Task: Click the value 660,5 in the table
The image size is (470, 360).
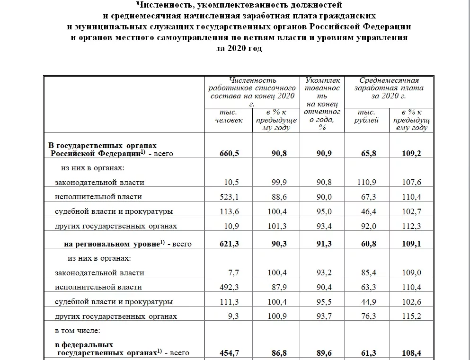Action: (231, 153)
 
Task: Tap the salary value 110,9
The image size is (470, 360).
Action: (368, 182)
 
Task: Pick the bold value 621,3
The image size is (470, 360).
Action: (231, 244)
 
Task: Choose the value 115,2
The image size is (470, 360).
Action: (411, 316)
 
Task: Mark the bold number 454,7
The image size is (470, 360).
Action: (231, 353)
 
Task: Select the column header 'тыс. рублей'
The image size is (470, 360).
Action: (366, 116)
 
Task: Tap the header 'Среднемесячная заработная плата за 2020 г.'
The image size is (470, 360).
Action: (389, 88)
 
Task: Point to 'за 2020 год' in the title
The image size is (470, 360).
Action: (239, 49)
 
